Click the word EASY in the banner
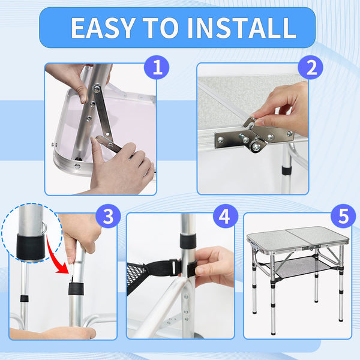pyautogui.click(x=103, y=28)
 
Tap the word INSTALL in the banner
pyautogui.click(x=242, y=28)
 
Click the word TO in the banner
pyautogui.click(x=161, y=28)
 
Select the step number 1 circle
pyautogui.click(x=157, y=67)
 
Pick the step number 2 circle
pyautogui.click(x=310, y=67)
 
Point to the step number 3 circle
pyautogui.click(x=108, y=216)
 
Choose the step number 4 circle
pyautogui.click(x=226, y=216)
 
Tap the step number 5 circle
pyautogui.click(x=343, y=216)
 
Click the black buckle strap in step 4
pyautogui.click(x=170, y=268)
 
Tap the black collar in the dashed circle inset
pyautogui.click(x=30, y=247)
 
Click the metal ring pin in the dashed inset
pyautogui.click(x=44, y=227)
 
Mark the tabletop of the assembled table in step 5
pyautogui.click(x=298, y=238)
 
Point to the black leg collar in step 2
pyautogui.click(x=287, y=170)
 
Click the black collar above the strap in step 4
pyautogui.click(x=188, y=241)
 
